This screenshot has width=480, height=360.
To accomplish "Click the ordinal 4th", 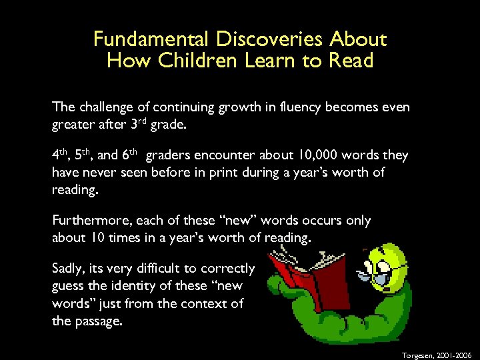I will point(61,155).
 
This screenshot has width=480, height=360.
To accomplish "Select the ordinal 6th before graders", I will point(129,155).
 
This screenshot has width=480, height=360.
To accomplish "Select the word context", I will point(203,303).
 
